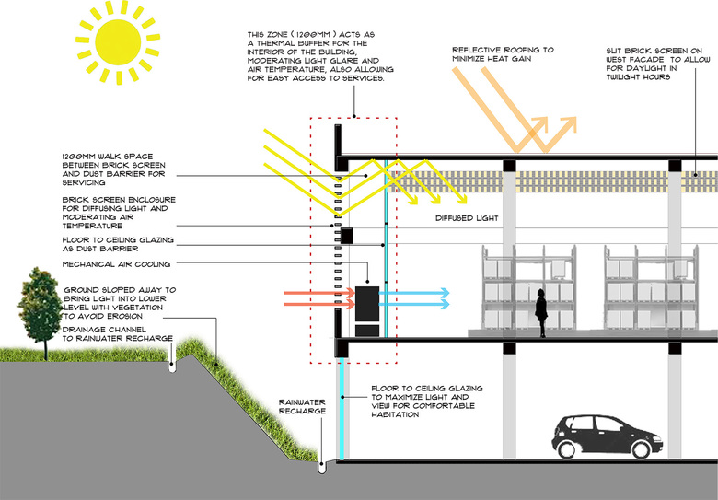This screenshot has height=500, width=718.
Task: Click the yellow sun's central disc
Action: [118, 42]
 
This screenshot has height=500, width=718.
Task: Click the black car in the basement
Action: [607, 436]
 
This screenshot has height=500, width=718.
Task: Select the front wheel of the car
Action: [640, 449]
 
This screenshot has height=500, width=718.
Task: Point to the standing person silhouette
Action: [541, 313]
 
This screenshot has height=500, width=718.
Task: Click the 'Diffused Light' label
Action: [467, 218]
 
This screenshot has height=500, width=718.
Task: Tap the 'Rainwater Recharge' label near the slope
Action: [302, 407]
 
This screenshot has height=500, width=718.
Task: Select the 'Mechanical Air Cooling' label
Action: [116, 264]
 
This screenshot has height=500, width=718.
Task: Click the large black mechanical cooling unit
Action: [367, 304]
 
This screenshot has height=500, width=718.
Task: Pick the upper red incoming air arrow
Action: [319, 293]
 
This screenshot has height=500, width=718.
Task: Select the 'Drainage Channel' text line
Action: [104, 330]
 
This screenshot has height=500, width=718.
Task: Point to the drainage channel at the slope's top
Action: [172, 366]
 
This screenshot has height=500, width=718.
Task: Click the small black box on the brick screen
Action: [347, 236]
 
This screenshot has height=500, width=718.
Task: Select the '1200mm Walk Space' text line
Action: [108, 157]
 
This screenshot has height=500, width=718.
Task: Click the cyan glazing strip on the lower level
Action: [342, 409]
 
